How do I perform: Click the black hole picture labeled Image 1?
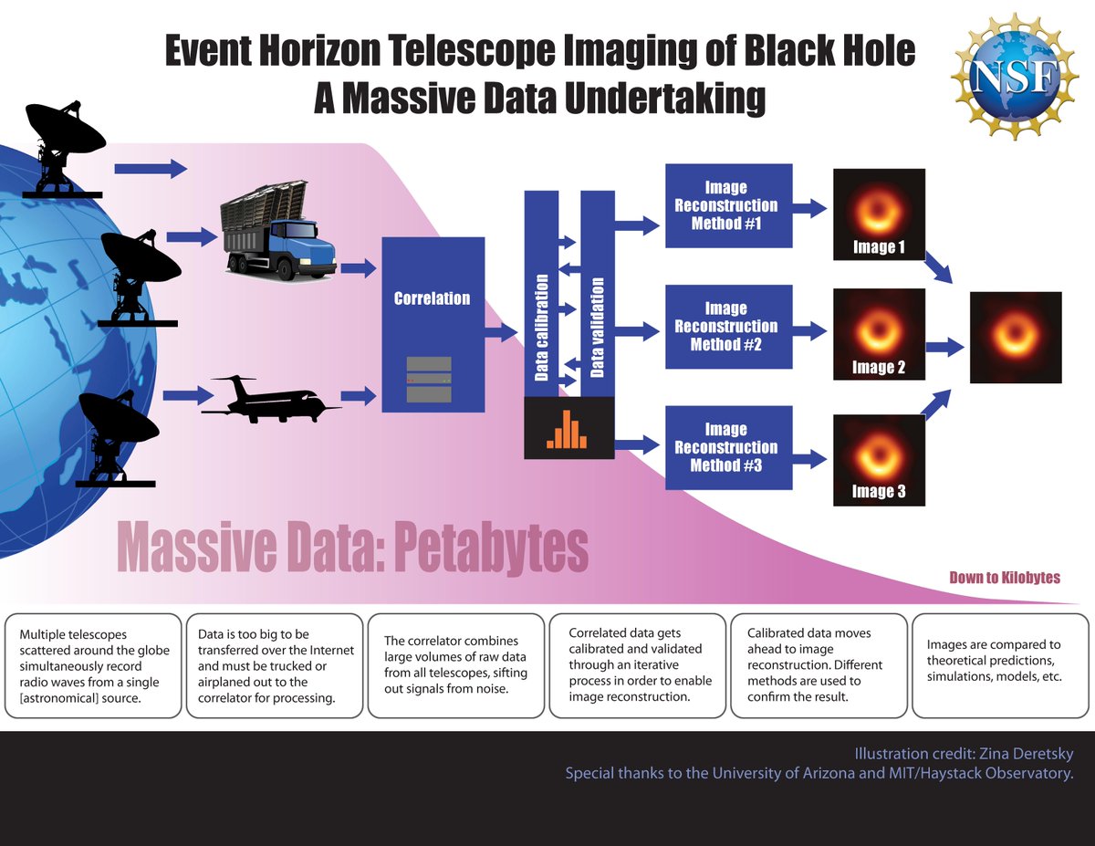click(879, 214)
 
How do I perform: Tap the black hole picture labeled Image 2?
click(879, 333)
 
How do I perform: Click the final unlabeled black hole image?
click(1016, 337)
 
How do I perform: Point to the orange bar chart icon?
click(568, 428)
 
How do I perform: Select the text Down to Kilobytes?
click(1005, 578)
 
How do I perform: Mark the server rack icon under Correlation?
click(429, 379)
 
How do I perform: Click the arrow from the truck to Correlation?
click(357, 268)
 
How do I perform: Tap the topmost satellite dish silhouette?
click(64, 146)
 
